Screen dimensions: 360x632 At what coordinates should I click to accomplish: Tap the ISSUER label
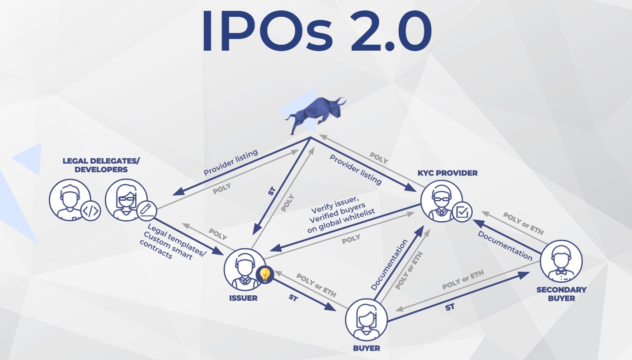tap(243, 298)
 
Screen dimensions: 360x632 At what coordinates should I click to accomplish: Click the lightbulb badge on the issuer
tap(264, 275)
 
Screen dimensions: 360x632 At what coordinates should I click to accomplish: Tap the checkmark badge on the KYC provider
tap(462, 211)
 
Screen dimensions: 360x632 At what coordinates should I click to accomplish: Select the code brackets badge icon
tap(90, 211)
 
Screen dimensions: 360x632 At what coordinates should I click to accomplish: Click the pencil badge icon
tap(146, 210)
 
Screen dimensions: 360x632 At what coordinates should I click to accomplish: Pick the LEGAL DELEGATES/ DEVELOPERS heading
tap(95, 165)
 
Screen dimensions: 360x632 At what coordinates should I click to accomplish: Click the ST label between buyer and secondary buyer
tap(450, 308)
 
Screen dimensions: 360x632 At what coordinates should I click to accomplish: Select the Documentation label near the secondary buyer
tap(505, 246)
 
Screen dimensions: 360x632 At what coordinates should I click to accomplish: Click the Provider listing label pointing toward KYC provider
tap(356, 169)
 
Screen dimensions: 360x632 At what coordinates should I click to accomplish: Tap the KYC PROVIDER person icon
tap(442, 200)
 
